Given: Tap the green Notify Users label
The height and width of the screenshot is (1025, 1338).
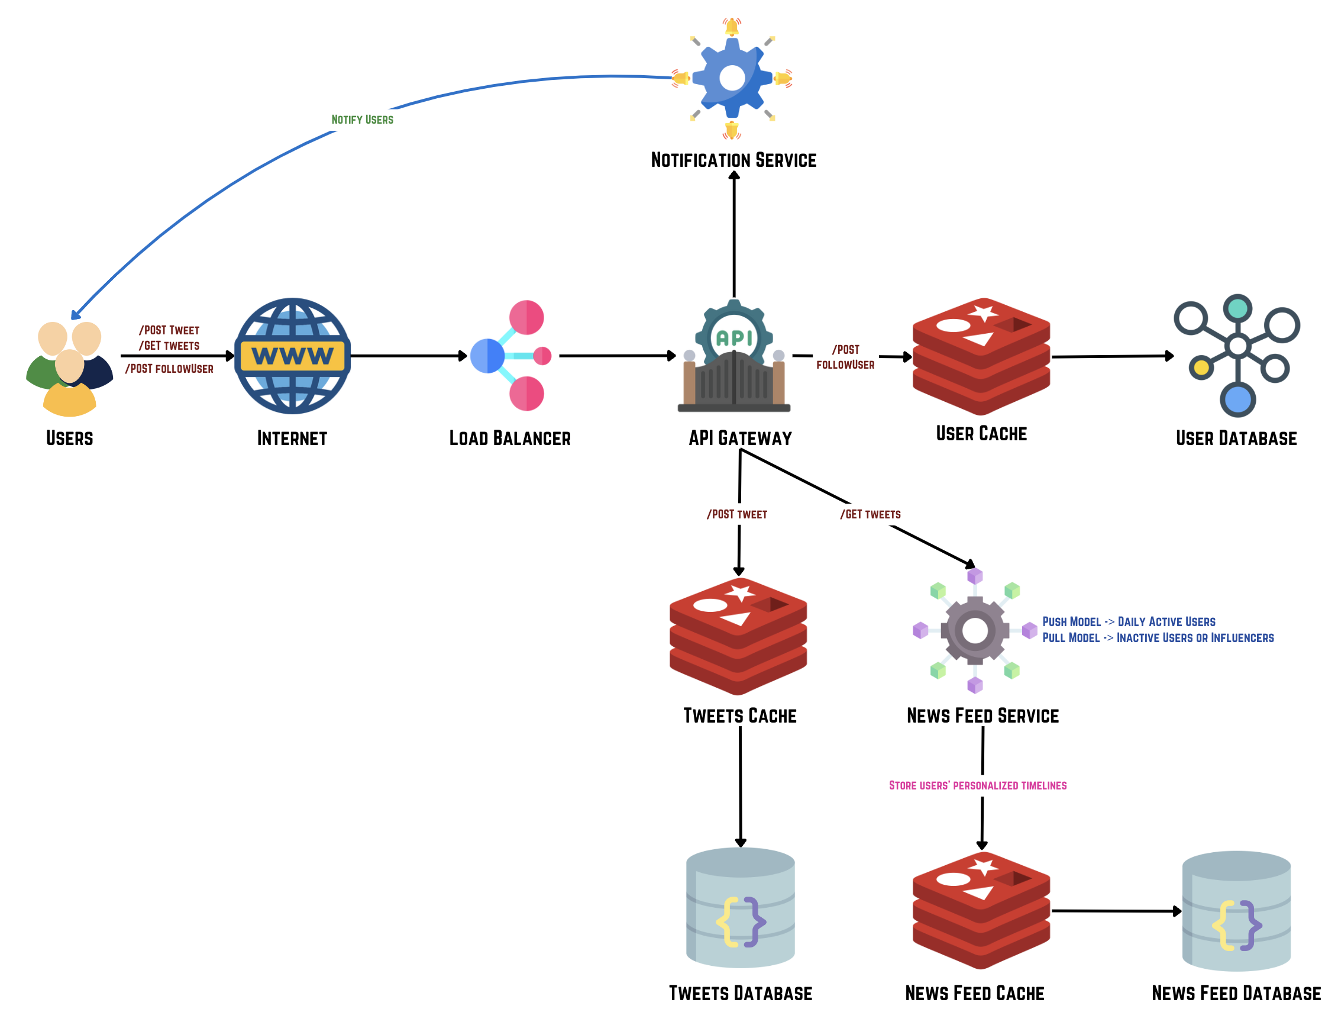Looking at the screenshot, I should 362,120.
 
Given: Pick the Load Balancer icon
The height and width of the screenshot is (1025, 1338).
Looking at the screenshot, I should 512,355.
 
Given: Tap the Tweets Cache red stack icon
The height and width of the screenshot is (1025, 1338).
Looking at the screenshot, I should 738,636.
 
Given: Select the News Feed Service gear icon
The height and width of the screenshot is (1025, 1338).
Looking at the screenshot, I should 975,630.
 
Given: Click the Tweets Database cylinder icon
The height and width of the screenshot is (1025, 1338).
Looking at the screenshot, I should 740,907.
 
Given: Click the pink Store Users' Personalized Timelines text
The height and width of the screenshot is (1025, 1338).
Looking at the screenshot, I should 977,785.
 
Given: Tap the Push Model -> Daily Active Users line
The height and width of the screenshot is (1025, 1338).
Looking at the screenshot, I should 1128,622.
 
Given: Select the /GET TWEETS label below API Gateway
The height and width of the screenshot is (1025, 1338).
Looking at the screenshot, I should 870,514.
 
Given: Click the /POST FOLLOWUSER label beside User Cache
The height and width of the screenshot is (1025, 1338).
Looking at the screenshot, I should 845,357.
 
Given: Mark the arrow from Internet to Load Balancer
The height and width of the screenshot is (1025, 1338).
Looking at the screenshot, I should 409,356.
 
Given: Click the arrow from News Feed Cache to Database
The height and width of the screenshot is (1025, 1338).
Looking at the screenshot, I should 1116,911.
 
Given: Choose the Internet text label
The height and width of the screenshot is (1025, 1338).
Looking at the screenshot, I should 292,438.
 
